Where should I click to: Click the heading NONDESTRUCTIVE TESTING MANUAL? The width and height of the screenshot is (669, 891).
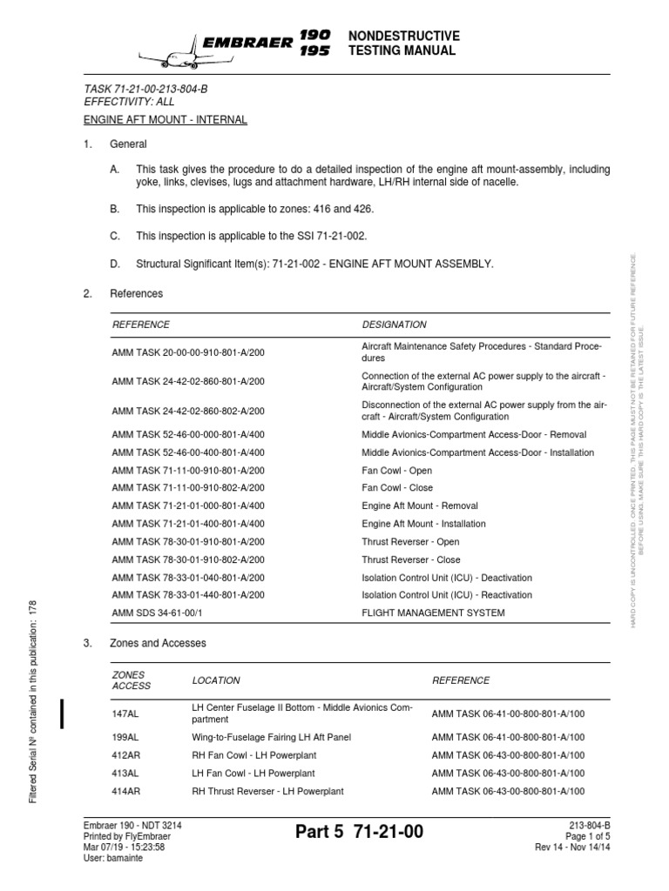(x=402, y=43)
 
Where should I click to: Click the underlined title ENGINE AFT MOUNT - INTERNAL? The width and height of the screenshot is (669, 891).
(x=166, y=120)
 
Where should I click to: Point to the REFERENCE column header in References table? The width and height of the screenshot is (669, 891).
(x=141, y=325)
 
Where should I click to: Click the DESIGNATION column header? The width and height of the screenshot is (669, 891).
(x=395, y=325)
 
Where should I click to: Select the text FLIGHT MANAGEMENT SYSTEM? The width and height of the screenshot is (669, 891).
(x=433, y=613)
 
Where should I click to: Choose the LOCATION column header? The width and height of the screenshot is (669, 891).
(x=216, y=680)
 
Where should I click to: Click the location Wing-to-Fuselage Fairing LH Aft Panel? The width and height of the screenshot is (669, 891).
(x=271, y=737)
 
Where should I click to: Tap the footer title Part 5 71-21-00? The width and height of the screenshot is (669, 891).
(x=359, y=833)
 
